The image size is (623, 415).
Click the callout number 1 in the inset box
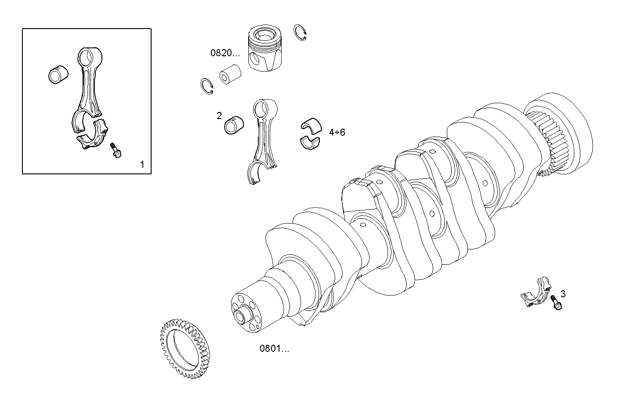pos(142,165)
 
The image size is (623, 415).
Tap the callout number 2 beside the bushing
pos(219,116)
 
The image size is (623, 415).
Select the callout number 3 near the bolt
pos(563,294)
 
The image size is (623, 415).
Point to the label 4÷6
pos(337,132)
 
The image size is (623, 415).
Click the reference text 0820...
pos(225,54)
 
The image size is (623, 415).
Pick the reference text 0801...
pos(274,349)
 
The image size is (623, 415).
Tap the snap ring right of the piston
pos(300,33)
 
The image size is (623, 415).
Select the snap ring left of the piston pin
pos(207,86)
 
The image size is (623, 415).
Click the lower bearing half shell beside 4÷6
pos(311,141)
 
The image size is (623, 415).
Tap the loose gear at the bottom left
pos(185,350)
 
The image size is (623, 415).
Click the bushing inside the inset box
pos(58,74)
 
